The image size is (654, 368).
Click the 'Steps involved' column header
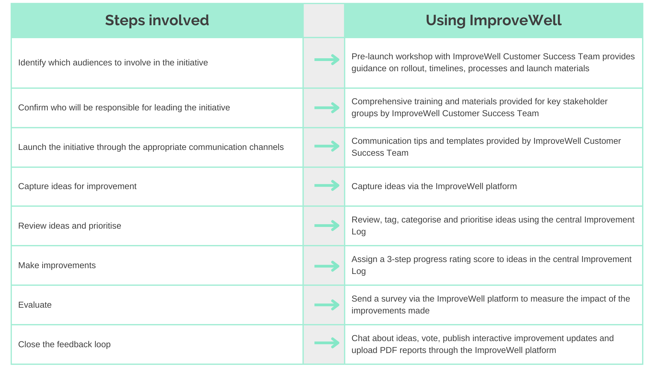(x=157, y=20)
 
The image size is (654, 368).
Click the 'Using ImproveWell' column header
(x=494, y=20)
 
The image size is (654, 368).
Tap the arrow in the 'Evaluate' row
(x=327, y=305)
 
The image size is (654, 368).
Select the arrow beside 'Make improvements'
(x=327, y=266)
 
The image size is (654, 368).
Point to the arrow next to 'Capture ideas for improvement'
(x=327, y=185)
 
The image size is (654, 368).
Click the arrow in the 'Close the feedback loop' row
(x=327, y=343)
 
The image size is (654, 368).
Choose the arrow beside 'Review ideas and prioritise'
(x=327, y=225)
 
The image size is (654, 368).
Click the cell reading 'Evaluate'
(x=35, y=305)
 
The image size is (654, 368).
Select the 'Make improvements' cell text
(x=57, y=265)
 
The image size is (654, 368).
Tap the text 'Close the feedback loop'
(x=64, y=344)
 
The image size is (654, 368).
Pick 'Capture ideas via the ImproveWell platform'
(x=434, y=186)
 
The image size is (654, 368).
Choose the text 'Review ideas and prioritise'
(x=69, y=226)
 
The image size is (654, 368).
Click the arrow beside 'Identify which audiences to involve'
(x=327, y=60)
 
